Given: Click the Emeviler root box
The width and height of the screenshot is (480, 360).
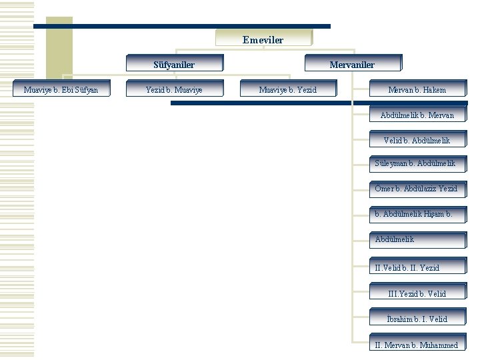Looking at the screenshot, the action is (263, 39).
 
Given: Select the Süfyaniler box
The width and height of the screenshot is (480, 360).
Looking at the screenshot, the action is (174, 64).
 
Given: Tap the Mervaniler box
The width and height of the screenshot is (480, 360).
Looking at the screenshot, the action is (352, 64).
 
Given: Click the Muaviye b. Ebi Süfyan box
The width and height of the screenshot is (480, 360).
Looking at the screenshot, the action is (60, 89).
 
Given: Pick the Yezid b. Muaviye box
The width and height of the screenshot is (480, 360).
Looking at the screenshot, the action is (174, 89).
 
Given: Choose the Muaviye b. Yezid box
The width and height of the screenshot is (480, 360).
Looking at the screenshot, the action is (287, 89).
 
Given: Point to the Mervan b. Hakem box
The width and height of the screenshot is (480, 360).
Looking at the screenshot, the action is (417, 89).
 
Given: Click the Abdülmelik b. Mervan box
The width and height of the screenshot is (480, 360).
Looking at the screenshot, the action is (417, 115).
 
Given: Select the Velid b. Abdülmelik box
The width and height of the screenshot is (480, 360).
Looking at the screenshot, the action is (417, 140).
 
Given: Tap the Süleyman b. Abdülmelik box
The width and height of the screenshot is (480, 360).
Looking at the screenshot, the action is (417, 163).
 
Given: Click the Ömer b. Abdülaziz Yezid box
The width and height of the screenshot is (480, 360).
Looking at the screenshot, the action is (417, 189).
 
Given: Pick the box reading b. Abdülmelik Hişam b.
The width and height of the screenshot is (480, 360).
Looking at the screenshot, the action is (417, 214).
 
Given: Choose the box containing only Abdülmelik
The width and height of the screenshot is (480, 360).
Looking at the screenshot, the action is (417, 239).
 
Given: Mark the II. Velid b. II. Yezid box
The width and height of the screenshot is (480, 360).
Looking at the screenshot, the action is (417, 267).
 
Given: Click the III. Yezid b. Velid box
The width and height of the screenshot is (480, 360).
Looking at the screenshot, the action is (417, 293).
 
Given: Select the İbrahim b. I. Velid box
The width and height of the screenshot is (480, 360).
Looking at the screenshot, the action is (417, 319).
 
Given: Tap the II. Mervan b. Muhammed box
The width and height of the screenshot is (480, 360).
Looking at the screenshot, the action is (417, 345).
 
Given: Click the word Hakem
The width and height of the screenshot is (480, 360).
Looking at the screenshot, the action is (434, 90).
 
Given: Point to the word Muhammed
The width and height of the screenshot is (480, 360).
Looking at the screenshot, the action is (439, 345).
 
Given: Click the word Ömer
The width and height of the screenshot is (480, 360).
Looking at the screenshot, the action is (383, 189).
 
